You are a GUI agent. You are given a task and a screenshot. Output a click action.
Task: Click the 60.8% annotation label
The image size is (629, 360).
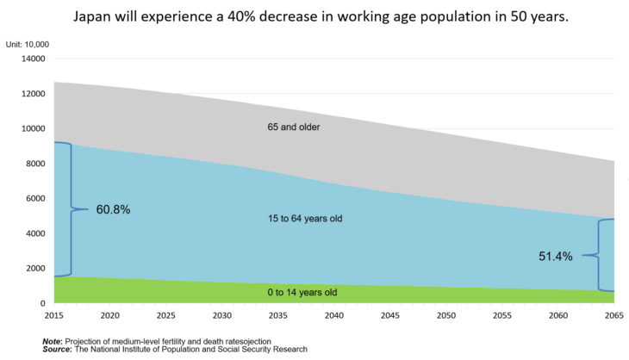(112, 209)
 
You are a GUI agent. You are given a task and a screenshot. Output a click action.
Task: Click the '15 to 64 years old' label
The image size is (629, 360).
(305, 219)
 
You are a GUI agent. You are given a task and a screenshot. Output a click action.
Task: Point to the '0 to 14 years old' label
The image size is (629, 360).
(302, 293)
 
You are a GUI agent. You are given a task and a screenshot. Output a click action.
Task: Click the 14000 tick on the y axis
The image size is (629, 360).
(33, 59)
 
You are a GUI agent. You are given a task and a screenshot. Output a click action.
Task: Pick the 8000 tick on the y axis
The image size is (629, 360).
(35, 164)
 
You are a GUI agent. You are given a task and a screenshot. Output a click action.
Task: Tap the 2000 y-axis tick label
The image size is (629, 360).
(35, 269)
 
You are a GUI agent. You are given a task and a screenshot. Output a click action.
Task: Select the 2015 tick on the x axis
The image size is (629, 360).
(53, 316)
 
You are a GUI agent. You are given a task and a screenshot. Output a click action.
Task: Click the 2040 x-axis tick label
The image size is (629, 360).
(333, 316)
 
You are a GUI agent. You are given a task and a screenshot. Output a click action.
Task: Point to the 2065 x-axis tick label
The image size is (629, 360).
(613, 316)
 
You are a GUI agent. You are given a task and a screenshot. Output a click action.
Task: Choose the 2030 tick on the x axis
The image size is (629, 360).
(221, 316)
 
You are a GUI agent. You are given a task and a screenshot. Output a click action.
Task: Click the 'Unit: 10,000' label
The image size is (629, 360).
(28, 43)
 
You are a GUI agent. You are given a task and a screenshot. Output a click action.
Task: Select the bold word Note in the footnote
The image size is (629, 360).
(52, 342)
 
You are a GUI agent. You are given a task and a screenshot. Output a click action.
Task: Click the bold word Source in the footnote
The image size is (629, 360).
(57, 350)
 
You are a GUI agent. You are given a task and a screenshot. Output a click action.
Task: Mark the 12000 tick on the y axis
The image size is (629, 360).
(33, 94)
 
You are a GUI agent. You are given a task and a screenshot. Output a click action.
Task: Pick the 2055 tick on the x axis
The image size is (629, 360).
(501, 316)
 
